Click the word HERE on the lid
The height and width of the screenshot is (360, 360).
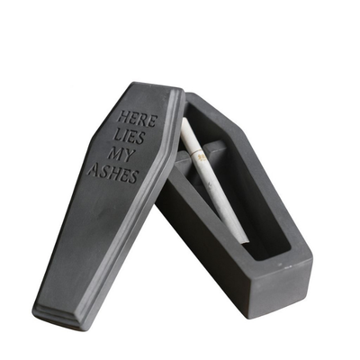[x=137, y=119]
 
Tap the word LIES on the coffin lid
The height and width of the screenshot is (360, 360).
[x=129, y=137]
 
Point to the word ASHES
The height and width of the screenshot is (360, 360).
[x=112, y=173]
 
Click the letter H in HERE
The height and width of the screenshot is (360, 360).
[x=123, y=116]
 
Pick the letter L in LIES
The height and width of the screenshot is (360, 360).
[x=117, y=134]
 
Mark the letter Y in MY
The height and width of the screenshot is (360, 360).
[x=128, y=157]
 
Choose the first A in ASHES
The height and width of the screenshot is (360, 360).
[x=94, y=169]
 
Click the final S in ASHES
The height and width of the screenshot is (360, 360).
[x=133, y=177]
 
